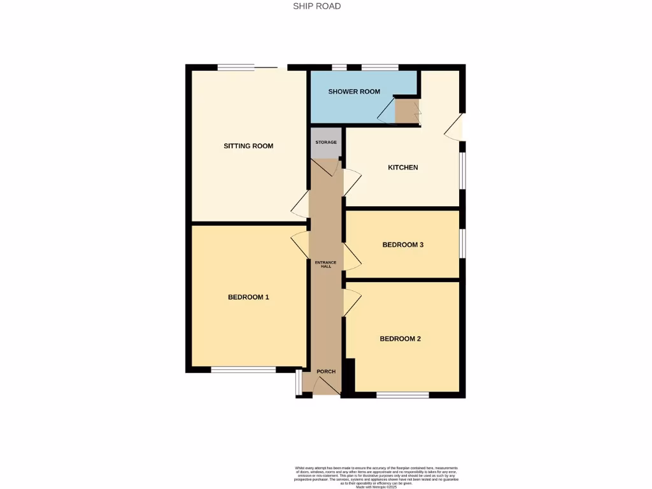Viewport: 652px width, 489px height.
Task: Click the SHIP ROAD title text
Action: (317, 6)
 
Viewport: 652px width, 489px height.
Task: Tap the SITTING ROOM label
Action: (248, 146)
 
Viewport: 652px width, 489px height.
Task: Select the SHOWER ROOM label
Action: (354, 92)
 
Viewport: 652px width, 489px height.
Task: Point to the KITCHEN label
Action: (403, 167)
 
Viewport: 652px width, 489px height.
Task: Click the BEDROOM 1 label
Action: (248, 297)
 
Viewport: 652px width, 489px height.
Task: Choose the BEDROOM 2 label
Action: (400, 339)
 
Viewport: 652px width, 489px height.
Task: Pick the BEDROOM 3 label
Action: (403, 244)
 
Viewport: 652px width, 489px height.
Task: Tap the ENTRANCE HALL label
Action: (326, 264)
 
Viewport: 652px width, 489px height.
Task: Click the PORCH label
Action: (326, 371)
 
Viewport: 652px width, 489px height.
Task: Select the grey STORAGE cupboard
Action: (326, 143)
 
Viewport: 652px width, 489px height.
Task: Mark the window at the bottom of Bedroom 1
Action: (243, 369)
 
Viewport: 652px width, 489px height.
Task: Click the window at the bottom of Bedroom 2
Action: (402, 395)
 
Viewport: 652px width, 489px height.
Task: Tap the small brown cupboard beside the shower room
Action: (406, 111)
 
